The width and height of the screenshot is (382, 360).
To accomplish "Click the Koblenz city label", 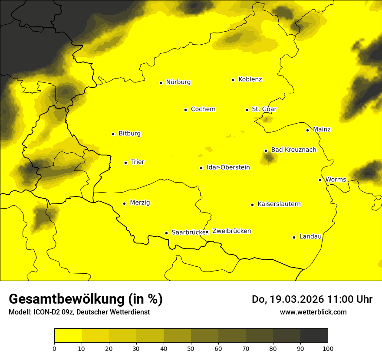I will pyautogui.click(x=250, y=79).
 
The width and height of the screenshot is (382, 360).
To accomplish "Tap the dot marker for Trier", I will pyautogui.click(x=126, y=163).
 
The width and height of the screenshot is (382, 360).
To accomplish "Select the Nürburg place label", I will pyautogui.click(x=178, y=82).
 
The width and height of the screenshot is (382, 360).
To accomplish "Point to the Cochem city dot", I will pyautogui.click(x=185, y=110).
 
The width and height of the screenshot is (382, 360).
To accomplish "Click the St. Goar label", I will pyautogui.click(x=264, y=109).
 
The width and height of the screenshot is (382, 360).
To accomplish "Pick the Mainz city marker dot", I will pyautogui.click(x=307, y=130).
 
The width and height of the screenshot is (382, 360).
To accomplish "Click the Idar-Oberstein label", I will pyautogui.click(x=228, y=167).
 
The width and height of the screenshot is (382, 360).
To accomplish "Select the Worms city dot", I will pyautogui.click(x=320, y=180).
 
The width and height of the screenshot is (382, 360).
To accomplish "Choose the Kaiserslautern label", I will pyautogui.click(x=279, y=204).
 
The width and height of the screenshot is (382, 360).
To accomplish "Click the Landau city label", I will pyautogui.click(x=310, y=237).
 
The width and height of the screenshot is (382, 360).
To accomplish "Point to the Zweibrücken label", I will pyautogui.click(x=231, y=231).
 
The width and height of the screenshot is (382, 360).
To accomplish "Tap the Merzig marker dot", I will pyautogui.click(x=125, y=203).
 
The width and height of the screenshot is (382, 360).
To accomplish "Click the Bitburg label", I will pyautogui.click(x=129, y=134).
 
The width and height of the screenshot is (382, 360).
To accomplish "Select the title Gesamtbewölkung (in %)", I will pyautogui.click(x=86, y=299).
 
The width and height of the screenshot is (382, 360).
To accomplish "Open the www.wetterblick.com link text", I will pyautogui.click(x=313, y=312).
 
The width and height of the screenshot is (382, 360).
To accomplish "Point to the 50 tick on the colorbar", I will pyautogui.click(x=191, y=348).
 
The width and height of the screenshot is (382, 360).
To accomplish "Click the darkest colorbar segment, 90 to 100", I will pyautogui.click(x=314, y=336).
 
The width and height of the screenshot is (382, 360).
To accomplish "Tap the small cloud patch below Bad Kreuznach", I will pyautogui.click(x=269, y=158).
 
